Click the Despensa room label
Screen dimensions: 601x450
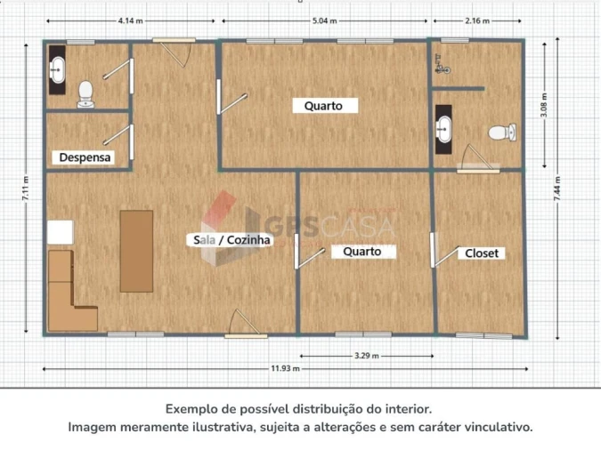tap(85, 157)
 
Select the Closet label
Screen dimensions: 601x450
tap(482, 253)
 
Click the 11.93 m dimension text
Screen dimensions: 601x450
tap(286, 368)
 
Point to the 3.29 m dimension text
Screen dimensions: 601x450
tap(367, 356)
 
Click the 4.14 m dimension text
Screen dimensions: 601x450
tap(130, 20)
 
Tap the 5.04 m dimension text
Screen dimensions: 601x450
tap(325, 20)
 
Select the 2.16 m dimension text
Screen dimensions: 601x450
tap(477, 20)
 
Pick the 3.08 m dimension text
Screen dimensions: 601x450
tap(544, 105)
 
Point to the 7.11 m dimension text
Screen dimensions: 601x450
tap(25, 188)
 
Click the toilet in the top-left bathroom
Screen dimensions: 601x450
tap(85, 94)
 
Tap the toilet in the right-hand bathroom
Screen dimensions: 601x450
tap(502, 133)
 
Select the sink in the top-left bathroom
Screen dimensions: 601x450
tap(58, 69)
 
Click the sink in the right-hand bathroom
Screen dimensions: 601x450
tap(443, 129)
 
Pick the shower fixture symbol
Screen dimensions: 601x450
tap(442, 64)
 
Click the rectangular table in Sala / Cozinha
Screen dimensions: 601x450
tap(136, 251)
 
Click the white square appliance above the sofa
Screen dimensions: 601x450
tap(61, 232)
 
